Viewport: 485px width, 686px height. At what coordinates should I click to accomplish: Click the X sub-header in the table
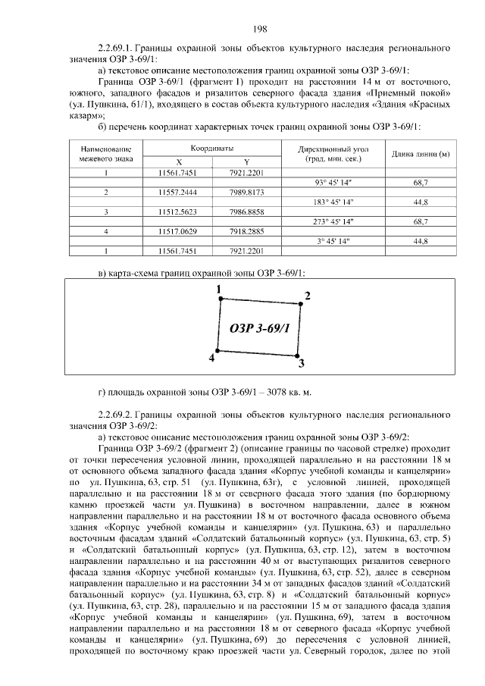[179, 162]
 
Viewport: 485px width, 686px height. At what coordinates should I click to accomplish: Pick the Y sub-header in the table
[246, 162]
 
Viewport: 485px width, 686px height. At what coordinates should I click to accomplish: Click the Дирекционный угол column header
[333, 154]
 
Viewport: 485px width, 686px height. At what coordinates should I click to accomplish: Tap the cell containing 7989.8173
[246, 193]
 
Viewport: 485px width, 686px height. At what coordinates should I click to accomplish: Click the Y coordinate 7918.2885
[246, 231]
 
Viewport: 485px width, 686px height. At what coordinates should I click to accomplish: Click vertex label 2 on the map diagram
[307, 295]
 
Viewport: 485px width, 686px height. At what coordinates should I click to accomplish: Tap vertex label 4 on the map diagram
[211, 357]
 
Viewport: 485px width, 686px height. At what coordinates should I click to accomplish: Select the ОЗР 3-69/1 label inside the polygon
[259, 327]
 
